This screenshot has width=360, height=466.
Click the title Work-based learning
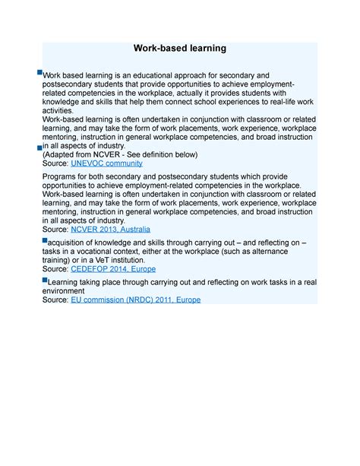(180, 49)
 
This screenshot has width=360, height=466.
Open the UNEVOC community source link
(106, 163)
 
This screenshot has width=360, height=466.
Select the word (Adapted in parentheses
(62, 154)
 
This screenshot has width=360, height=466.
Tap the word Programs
(63, 176)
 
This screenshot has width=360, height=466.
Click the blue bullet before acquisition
(44, 239)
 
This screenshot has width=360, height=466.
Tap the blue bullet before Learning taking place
(44, 279)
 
